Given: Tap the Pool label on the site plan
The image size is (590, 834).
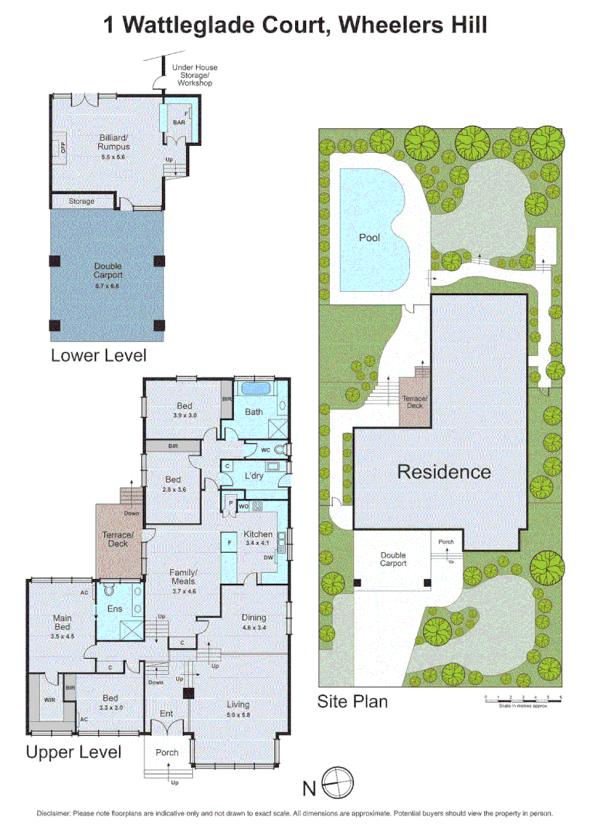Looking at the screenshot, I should [x=369, y=237].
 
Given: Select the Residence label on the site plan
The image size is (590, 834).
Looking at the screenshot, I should [x=443, y=471].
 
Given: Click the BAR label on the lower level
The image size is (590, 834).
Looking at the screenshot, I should [x=178, y=122].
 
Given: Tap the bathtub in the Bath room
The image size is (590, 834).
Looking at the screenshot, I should [x=255, y=388].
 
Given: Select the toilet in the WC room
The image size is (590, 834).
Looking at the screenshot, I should [x=279, y=449].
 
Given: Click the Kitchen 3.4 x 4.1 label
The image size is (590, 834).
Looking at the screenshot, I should [x=258, y=538].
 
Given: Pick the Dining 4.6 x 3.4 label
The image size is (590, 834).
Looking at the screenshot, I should [x=253, y=622].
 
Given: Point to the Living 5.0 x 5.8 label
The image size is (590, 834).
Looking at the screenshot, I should [x=238, y=709].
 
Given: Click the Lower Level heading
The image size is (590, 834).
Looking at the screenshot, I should [x=98, y=355].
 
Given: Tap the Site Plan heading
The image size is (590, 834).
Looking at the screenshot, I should [x=352, y=701].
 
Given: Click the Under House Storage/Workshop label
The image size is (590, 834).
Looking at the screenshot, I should [x=191, y=76].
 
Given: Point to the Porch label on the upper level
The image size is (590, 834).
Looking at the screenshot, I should [x=167, y=752].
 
